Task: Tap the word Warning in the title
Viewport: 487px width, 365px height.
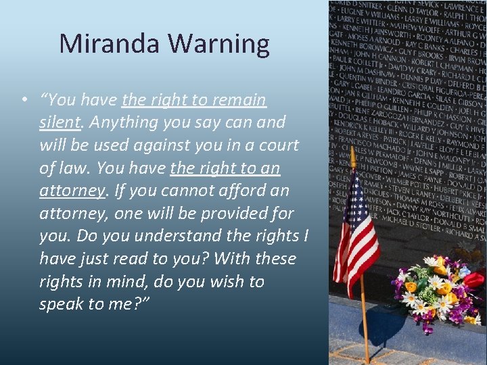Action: pyautogui.click(x=218, y=44)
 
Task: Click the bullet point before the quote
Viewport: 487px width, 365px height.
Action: pyautogui.click(x=24, y=100)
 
